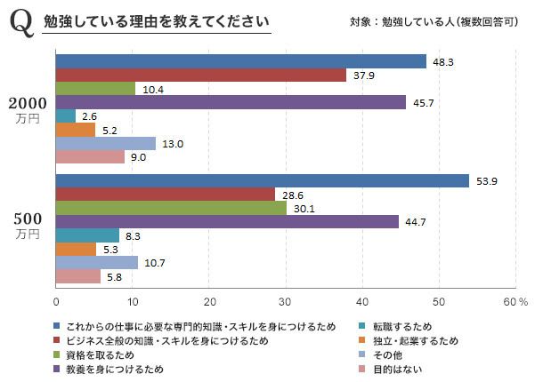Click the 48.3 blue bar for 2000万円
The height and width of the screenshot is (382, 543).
[240, 61]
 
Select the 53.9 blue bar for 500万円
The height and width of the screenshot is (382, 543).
[263, 181]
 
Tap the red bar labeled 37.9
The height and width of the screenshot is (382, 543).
[200, 76]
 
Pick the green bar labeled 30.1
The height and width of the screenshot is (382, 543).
[171, 208]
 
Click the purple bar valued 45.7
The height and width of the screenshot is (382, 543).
[231, 102]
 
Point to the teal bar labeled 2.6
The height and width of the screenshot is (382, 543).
[66, 115]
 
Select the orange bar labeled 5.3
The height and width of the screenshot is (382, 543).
[76, 249]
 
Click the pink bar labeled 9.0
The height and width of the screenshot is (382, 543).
[90, 156]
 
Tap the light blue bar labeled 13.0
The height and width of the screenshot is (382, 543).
[105, 143]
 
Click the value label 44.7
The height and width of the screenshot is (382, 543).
[417, 222]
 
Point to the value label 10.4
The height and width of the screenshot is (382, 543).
[154, 89]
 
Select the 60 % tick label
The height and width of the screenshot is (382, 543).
[515, 302]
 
